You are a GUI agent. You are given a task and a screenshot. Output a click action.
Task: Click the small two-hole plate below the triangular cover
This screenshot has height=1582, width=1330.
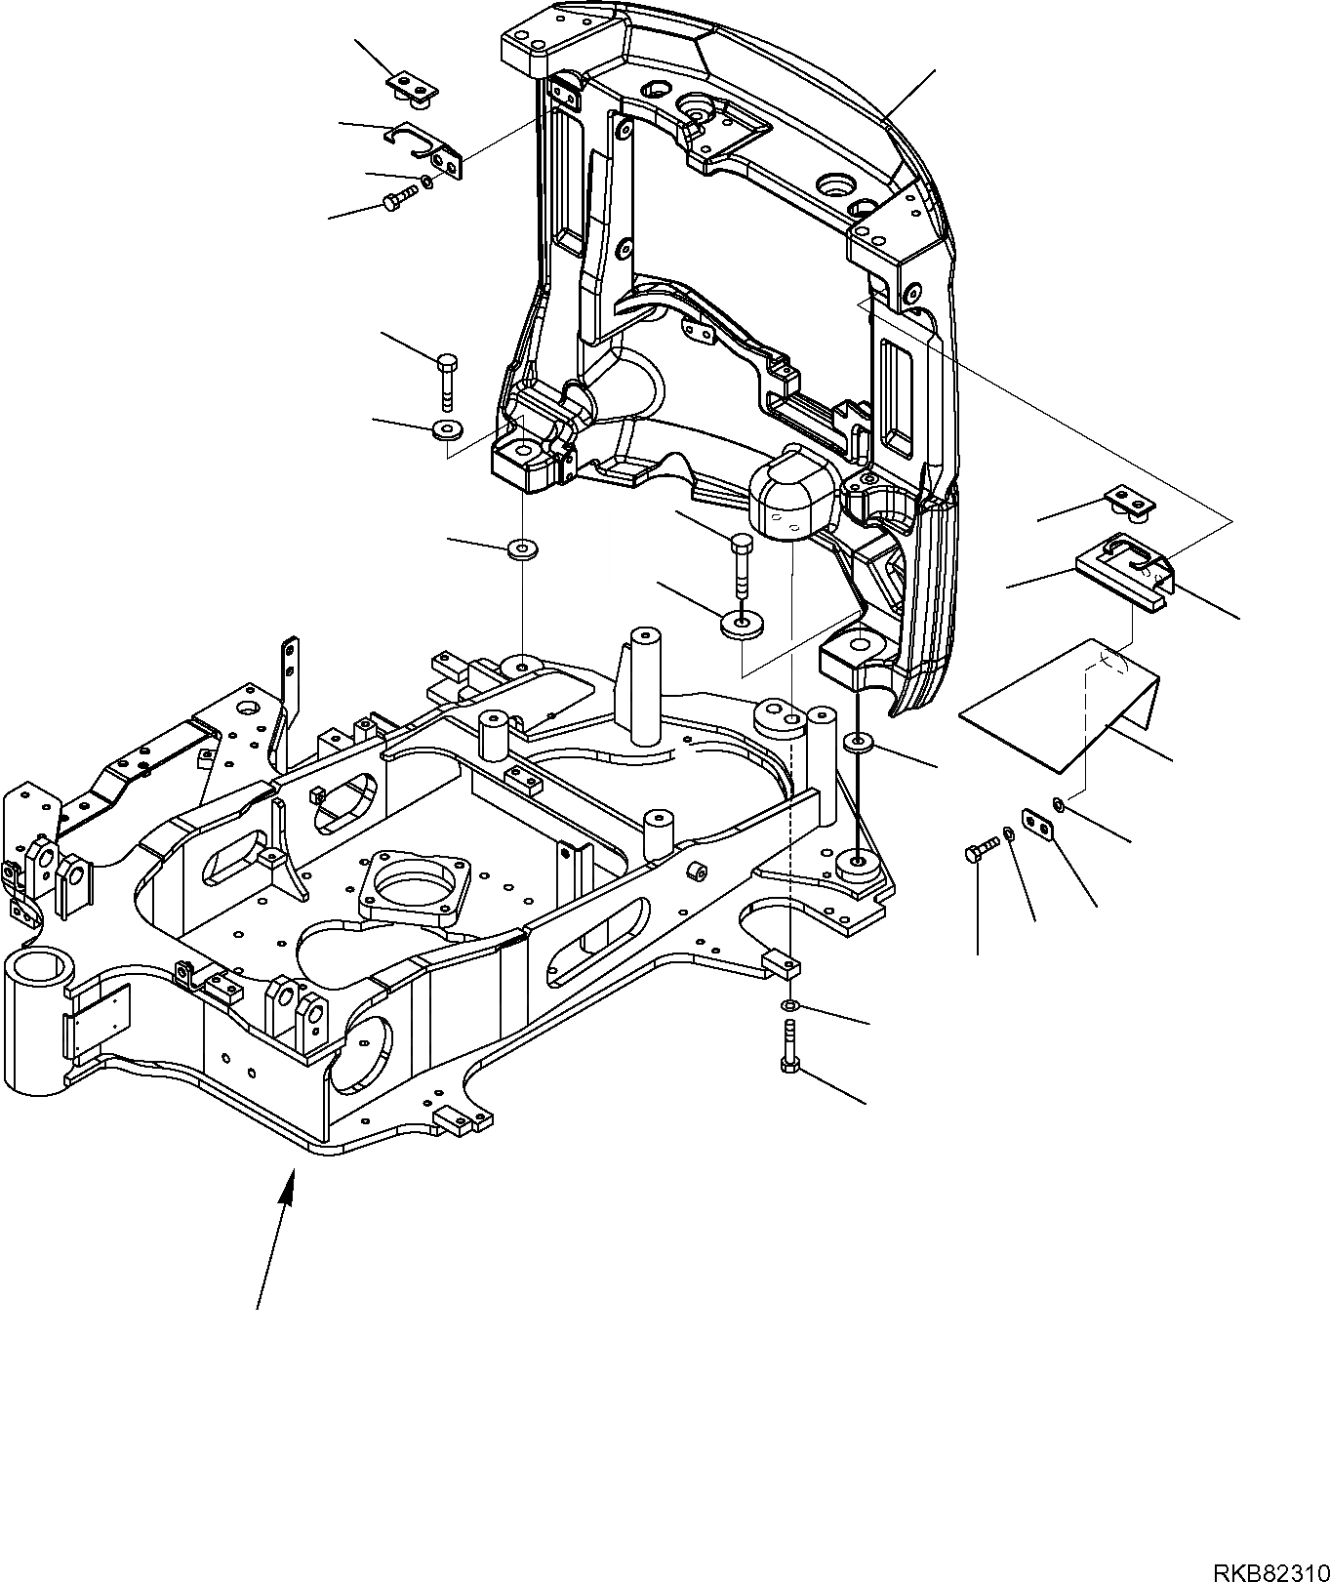(1038, 825)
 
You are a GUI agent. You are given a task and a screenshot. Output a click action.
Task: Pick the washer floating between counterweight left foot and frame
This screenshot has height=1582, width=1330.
(522, 549)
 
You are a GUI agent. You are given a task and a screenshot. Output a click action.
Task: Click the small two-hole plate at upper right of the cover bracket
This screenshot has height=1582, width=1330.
(1133, 502)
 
